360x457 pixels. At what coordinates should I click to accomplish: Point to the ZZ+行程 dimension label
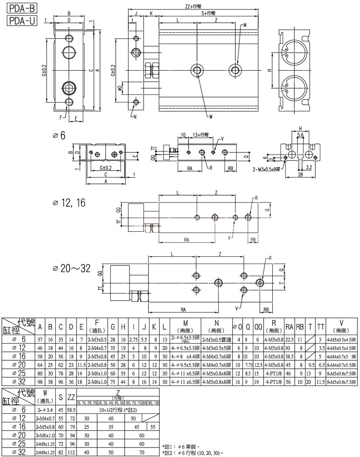coord(194,6)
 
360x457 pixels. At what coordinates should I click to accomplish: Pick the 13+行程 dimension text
coord(200,134)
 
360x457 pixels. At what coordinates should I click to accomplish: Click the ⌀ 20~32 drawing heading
coord(72,269)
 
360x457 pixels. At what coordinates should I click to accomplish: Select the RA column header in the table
coord(289,326)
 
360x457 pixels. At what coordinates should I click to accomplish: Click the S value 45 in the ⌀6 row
coord(61,409)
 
